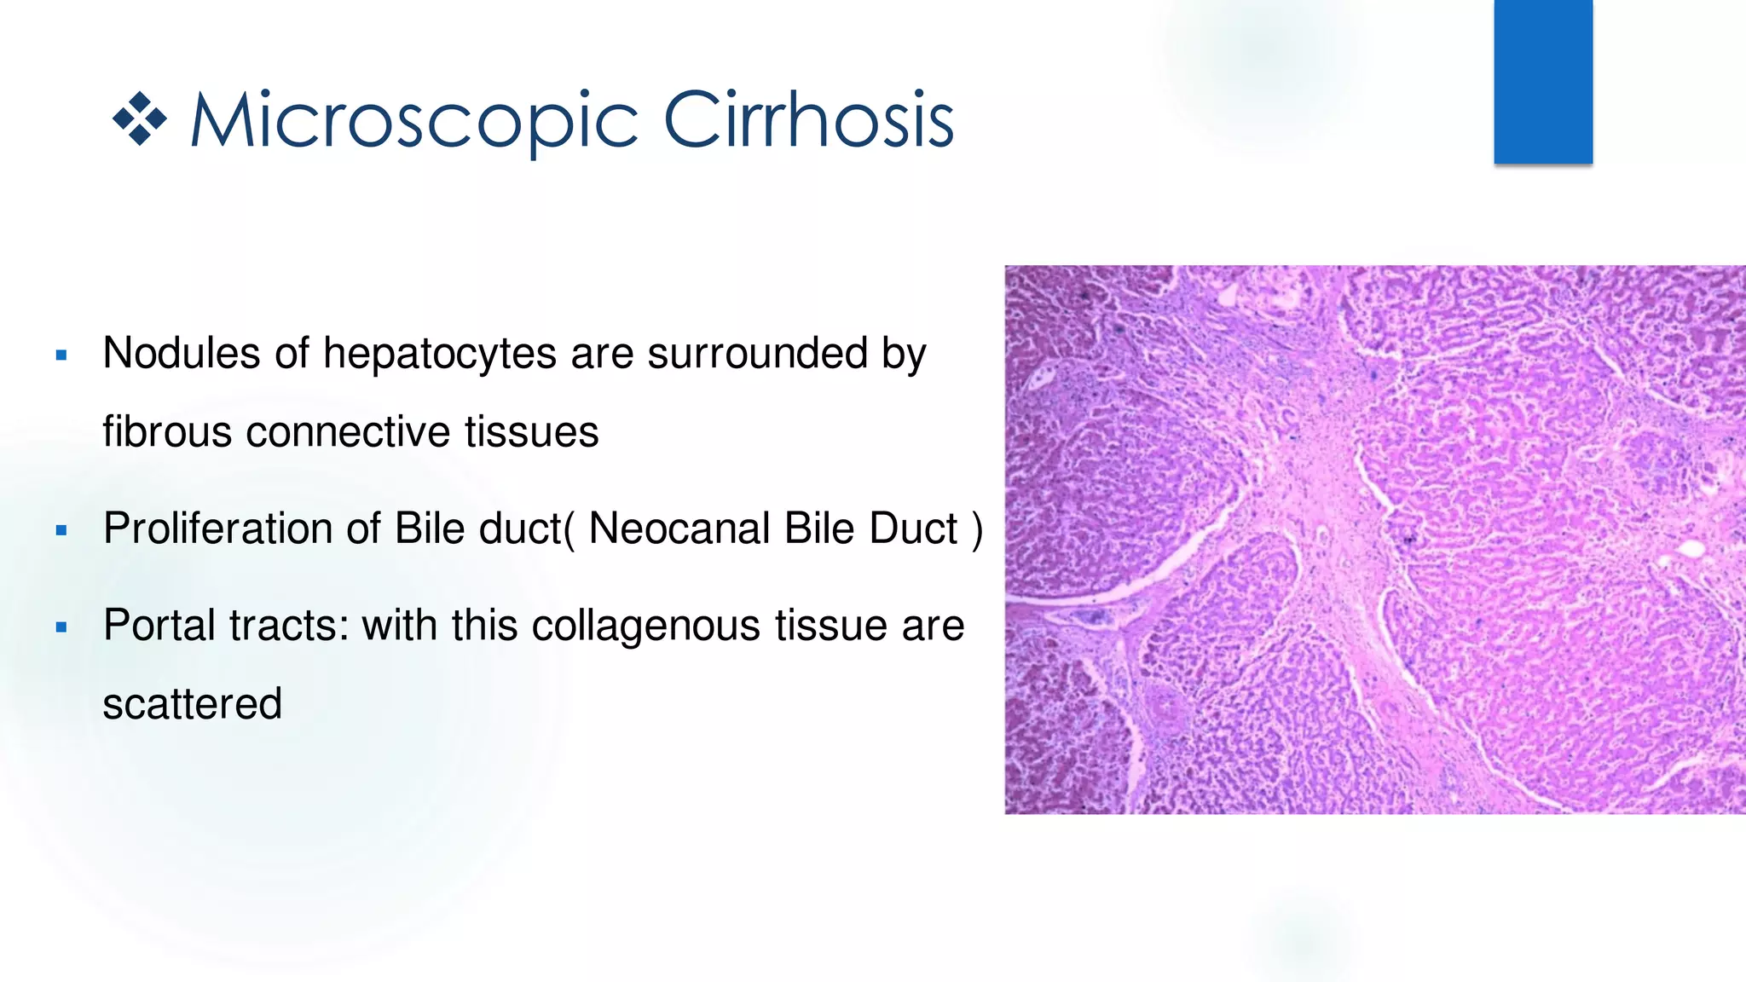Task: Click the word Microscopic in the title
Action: click(x=413, y=121)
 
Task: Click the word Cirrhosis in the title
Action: click(x=808, y=121)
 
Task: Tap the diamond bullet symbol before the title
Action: click(x=140, y=118)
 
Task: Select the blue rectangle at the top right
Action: click(x=1542, y=82)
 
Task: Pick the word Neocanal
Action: click(x=679, y=529)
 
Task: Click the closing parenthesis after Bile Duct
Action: click(x=977, y=530)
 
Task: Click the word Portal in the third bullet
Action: click(x=159, y=625)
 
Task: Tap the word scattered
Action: click(x=192, y=704)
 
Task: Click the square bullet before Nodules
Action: click(x=61, y=355)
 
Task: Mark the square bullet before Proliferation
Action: click(x=61, y=530)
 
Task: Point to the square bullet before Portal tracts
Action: click(x=61, y=627)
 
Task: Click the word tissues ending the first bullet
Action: click(x=531, y=431)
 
